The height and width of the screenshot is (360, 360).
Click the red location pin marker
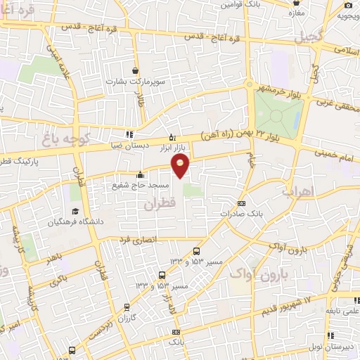[x=181, y=165]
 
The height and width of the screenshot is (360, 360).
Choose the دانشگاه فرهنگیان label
[x=76, y=222]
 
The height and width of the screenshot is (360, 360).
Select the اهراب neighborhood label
[x=296, y=191]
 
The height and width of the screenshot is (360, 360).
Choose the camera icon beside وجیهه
[x=348, y=6]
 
